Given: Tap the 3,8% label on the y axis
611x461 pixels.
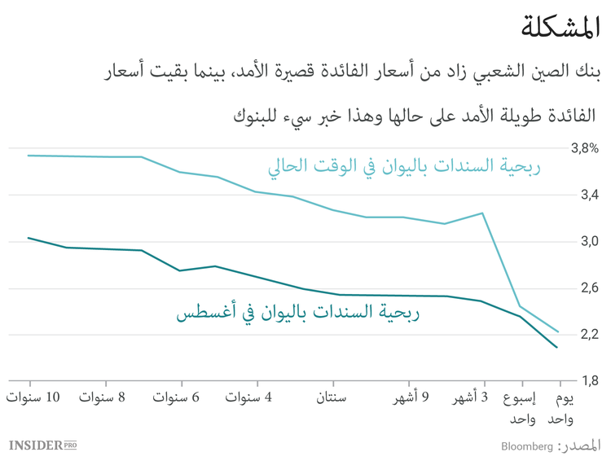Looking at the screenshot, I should coord(584,149).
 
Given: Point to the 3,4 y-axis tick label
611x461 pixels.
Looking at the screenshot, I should coord(588,195).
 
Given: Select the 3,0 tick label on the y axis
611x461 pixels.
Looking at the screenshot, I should coord(588,242).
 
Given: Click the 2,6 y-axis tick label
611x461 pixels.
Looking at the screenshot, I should coord(588,288).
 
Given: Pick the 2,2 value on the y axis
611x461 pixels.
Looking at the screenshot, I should coord(588,334).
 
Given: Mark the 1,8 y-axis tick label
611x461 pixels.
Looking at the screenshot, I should coord(588,380).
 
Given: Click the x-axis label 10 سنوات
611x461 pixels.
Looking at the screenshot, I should coord(33,397).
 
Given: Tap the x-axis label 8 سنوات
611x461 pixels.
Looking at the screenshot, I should coord(103,397).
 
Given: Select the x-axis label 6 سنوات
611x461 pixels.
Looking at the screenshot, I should coord(177,397).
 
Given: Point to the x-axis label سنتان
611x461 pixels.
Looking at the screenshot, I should coord(331,397).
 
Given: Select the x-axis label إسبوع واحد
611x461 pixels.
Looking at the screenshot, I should coord(522,408).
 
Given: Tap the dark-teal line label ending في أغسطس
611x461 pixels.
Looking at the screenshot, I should coord(297,313).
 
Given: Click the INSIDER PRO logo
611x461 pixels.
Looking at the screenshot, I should coord(42,445).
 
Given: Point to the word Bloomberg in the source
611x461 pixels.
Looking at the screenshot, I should coord(526,446).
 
